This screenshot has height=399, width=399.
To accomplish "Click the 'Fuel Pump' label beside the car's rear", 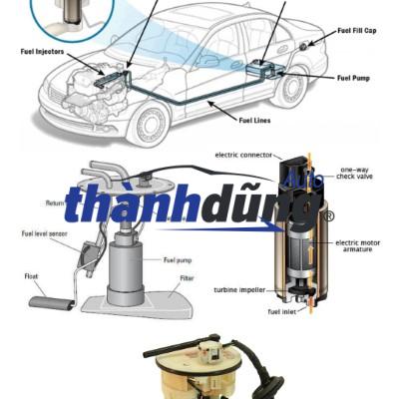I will (355, 78).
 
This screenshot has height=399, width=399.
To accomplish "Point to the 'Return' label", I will (55, 202).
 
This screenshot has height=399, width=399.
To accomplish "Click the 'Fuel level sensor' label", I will (46, 233).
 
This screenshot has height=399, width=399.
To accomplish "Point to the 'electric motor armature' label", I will (362, 246).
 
